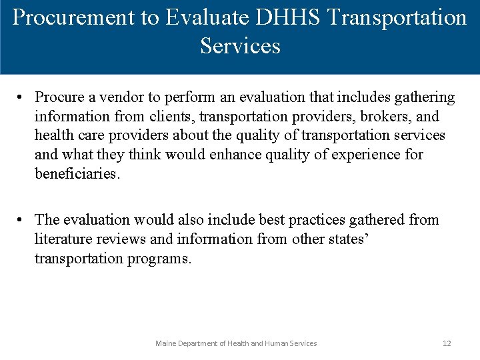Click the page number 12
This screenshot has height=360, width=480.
point(447,343)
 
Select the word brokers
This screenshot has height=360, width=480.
point(383,117)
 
